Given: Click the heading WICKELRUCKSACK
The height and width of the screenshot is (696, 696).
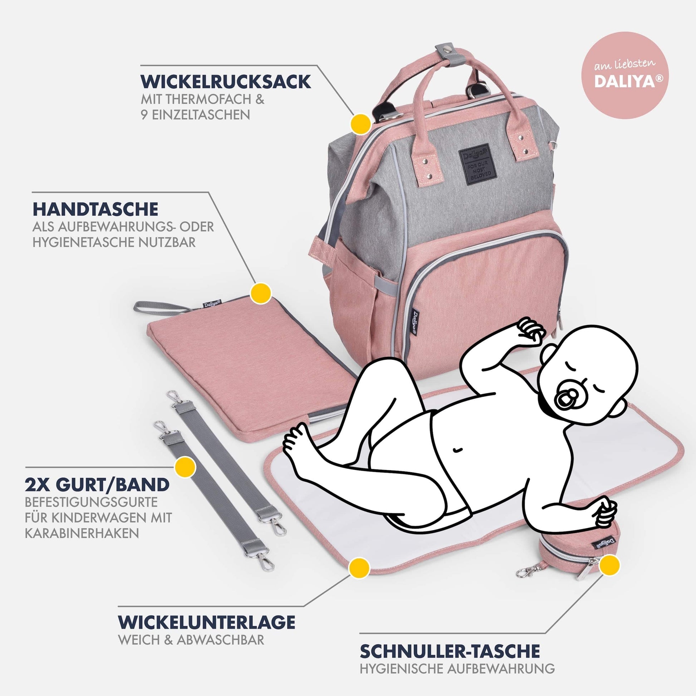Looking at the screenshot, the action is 226,82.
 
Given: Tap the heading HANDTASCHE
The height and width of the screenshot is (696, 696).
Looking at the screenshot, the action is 95,209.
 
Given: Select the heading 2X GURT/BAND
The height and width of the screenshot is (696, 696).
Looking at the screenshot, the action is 97,485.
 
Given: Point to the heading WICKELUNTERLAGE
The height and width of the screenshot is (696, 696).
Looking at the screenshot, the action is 207,622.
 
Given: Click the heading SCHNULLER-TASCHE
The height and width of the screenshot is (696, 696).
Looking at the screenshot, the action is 450,651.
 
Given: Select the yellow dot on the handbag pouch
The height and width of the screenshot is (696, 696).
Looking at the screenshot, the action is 261,293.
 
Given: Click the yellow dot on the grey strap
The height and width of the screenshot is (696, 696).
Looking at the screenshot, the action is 185,467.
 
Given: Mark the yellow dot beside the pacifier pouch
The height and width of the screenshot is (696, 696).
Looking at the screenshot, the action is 609,564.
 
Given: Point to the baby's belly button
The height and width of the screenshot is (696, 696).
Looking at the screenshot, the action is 458,450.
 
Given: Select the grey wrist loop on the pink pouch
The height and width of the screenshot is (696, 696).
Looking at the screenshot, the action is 162,307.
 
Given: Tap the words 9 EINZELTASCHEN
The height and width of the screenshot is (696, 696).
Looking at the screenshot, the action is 195,114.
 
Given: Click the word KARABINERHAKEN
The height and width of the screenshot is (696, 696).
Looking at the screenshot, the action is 82,533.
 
